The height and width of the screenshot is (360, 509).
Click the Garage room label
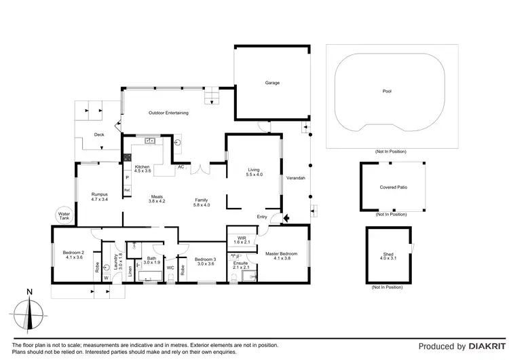tap(272, 83)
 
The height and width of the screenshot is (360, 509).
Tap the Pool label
tap(387, 91)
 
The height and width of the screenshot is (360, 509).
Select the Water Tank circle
tap(64, 215)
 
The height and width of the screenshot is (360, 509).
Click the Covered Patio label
tap(393, 187)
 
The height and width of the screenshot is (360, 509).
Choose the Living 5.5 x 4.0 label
tap(254, 173)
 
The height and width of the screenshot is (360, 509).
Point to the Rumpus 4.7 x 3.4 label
tap(100, 197)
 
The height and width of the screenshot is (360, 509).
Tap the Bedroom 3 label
tap(204, 262)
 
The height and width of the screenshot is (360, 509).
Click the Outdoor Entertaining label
tap(168, 113)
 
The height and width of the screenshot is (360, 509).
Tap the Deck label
tap(99, 134)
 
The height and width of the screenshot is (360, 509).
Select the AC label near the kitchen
tap(181, 166)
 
